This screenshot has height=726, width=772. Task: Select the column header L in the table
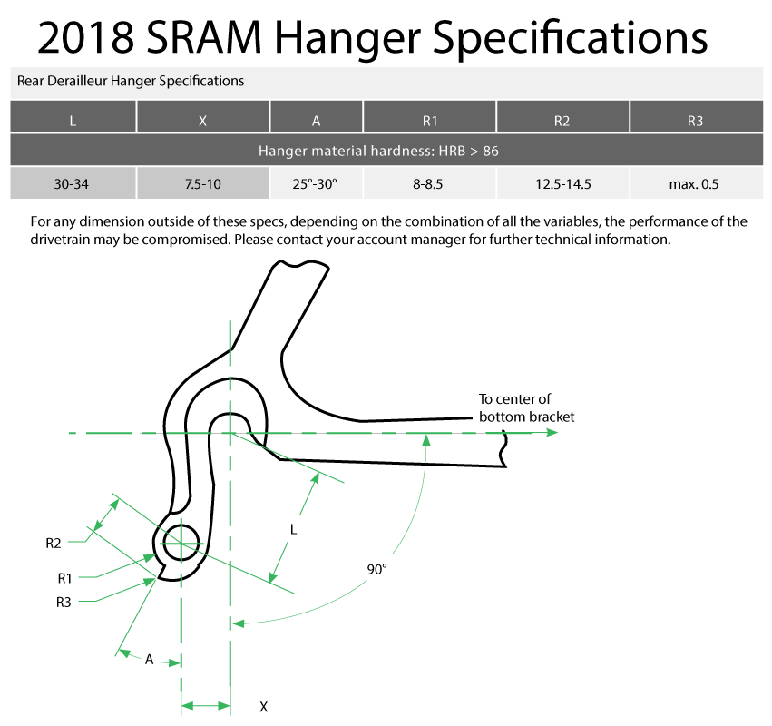(73, 118)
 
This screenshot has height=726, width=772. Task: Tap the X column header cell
(203, 118)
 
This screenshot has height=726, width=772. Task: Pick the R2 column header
(562, 118)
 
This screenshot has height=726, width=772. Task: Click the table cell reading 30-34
(73, 184)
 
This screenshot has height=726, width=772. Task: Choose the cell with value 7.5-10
(203, 184)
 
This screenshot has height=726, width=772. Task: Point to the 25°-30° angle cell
(316, 184)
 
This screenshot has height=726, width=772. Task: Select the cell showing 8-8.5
(429, 184)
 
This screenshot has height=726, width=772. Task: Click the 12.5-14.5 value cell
(562, 184)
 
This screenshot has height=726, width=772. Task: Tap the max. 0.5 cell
(695, 184)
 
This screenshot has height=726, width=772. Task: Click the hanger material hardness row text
(378, 151)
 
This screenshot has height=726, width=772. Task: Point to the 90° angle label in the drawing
(376, 569)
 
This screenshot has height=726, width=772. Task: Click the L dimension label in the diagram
(293, 528)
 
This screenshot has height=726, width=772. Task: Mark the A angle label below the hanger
(149, 660)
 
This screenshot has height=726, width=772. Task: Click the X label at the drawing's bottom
(263, 706)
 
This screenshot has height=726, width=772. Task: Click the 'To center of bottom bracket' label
(526, 407)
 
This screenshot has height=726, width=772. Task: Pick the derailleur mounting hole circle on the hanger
(181, 543)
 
